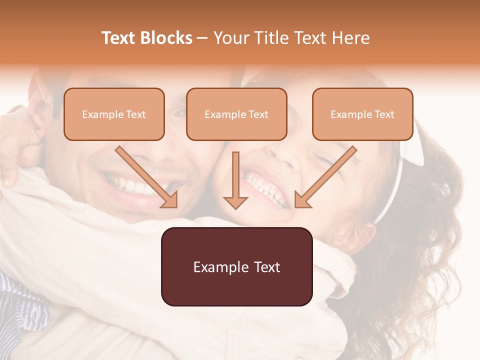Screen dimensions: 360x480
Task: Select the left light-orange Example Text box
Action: [114, 114]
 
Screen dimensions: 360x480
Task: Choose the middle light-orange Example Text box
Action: [236, 114]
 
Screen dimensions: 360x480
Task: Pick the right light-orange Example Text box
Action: [362, 114]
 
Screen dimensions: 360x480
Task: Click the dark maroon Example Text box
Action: [236, 266]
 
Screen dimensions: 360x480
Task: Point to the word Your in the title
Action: [231, 38]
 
